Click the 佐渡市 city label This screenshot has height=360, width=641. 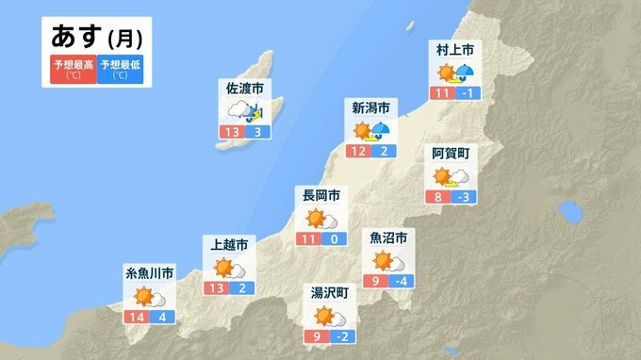click(243, 89)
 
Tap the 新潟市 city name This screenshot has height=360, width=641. click(370, 107)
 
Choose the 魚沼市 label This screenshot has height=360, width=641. click(387, 237)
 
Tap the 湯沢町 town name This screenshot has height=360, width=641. click(330, 293)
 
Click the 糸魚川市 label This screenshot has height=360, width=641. click(150, 273)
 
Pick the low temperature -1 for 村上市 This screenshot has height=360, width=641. click(468, 92)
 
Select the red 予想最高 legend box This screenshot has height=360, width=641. click(74, 70)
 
